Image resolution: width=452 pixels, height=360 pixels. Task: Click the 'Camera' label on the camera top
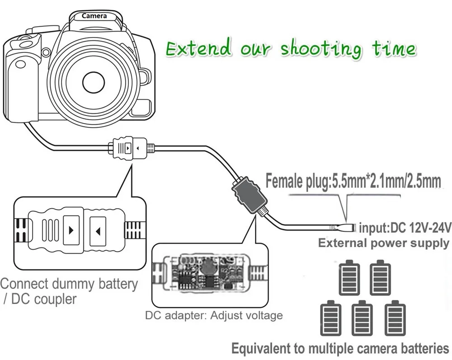(x=94, y=16)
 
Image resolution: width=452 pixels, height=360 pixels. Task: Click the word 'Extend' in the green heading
(x=198, y=48)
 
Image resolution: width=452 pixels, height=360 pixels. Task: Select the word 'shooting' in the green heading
(x=320, y=49)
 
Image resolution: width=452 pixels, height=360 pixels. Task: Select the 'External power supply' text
(x=383, y=243)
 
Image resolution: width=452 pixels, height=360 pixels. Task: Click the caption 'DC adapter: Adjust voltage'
(x=214, y=315)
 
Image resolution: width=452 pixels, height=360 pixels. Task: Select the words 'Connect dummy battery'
(x=69, y=284)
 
